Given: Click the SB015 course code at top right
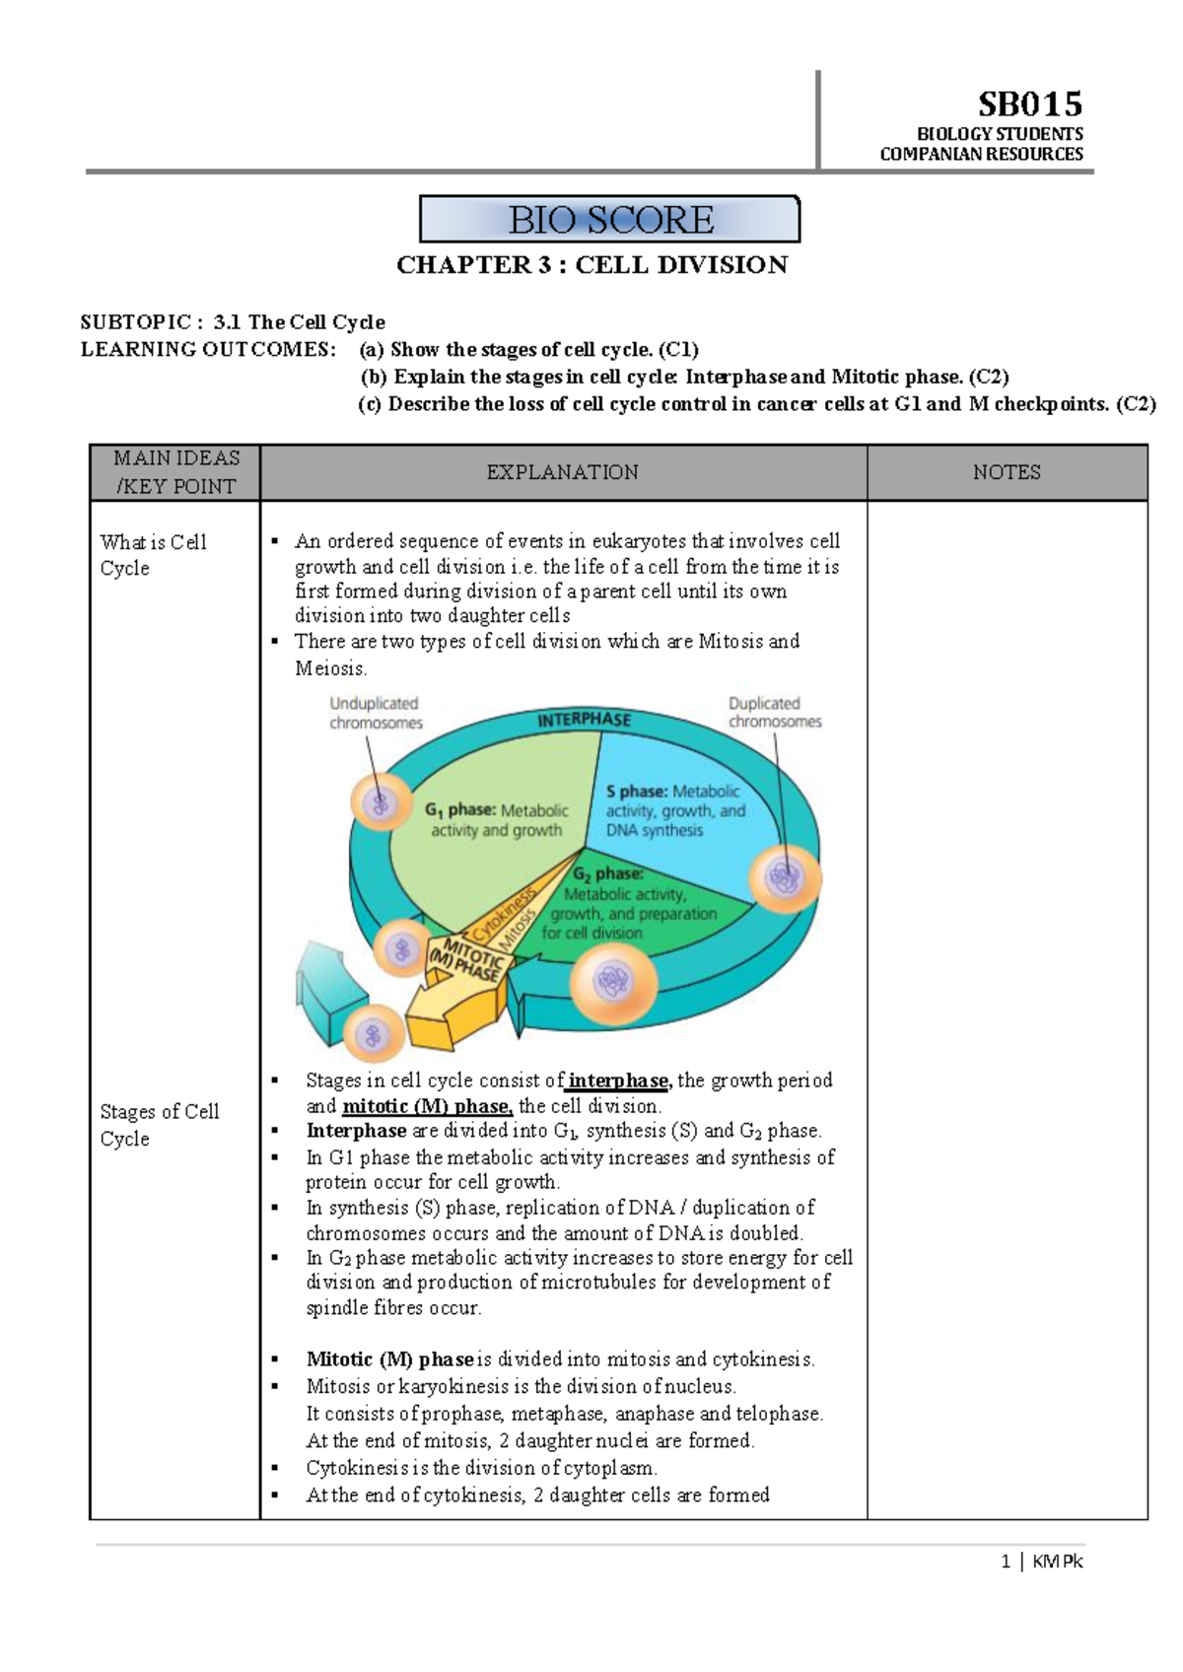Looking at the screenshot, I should (x=1029, y=104).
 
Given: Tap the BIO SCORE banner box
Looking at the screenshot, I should (x=610, y=219).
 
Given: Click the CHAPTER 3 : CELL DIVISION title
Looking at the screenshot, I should (x=591, y=265).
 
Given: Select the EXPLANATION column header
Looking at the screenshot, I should (x=562, y=472).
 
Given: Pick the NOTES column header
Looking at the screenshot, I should (x=1007, y=472).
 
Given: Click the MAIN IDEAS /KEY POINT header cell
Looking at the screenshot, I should (x=175, y=472).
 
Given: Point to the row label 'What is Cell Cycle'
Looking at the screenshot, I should (x=153, y=555).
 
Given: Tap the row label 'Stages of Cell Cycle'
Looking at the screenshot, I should (x=159, y=1125).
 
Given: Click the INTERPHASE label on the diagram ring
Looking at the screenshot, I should (x=584, y=720).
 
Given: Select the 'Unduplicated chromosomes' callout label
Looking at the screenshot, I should (x=375, y=713).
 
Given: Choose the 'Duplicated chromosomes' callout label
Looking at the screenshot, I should (x=774, y=712).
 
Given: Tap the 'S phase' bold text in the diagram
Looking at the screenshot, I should (x=636, y=792).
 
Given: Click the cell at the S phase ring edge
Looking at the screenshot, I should (x=785, y=875).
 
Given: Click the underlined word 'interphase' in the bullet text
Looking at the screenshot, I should (x=619, y=1080).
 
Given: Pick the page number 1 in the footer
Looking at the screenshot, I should (x=1006, y=1562).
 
